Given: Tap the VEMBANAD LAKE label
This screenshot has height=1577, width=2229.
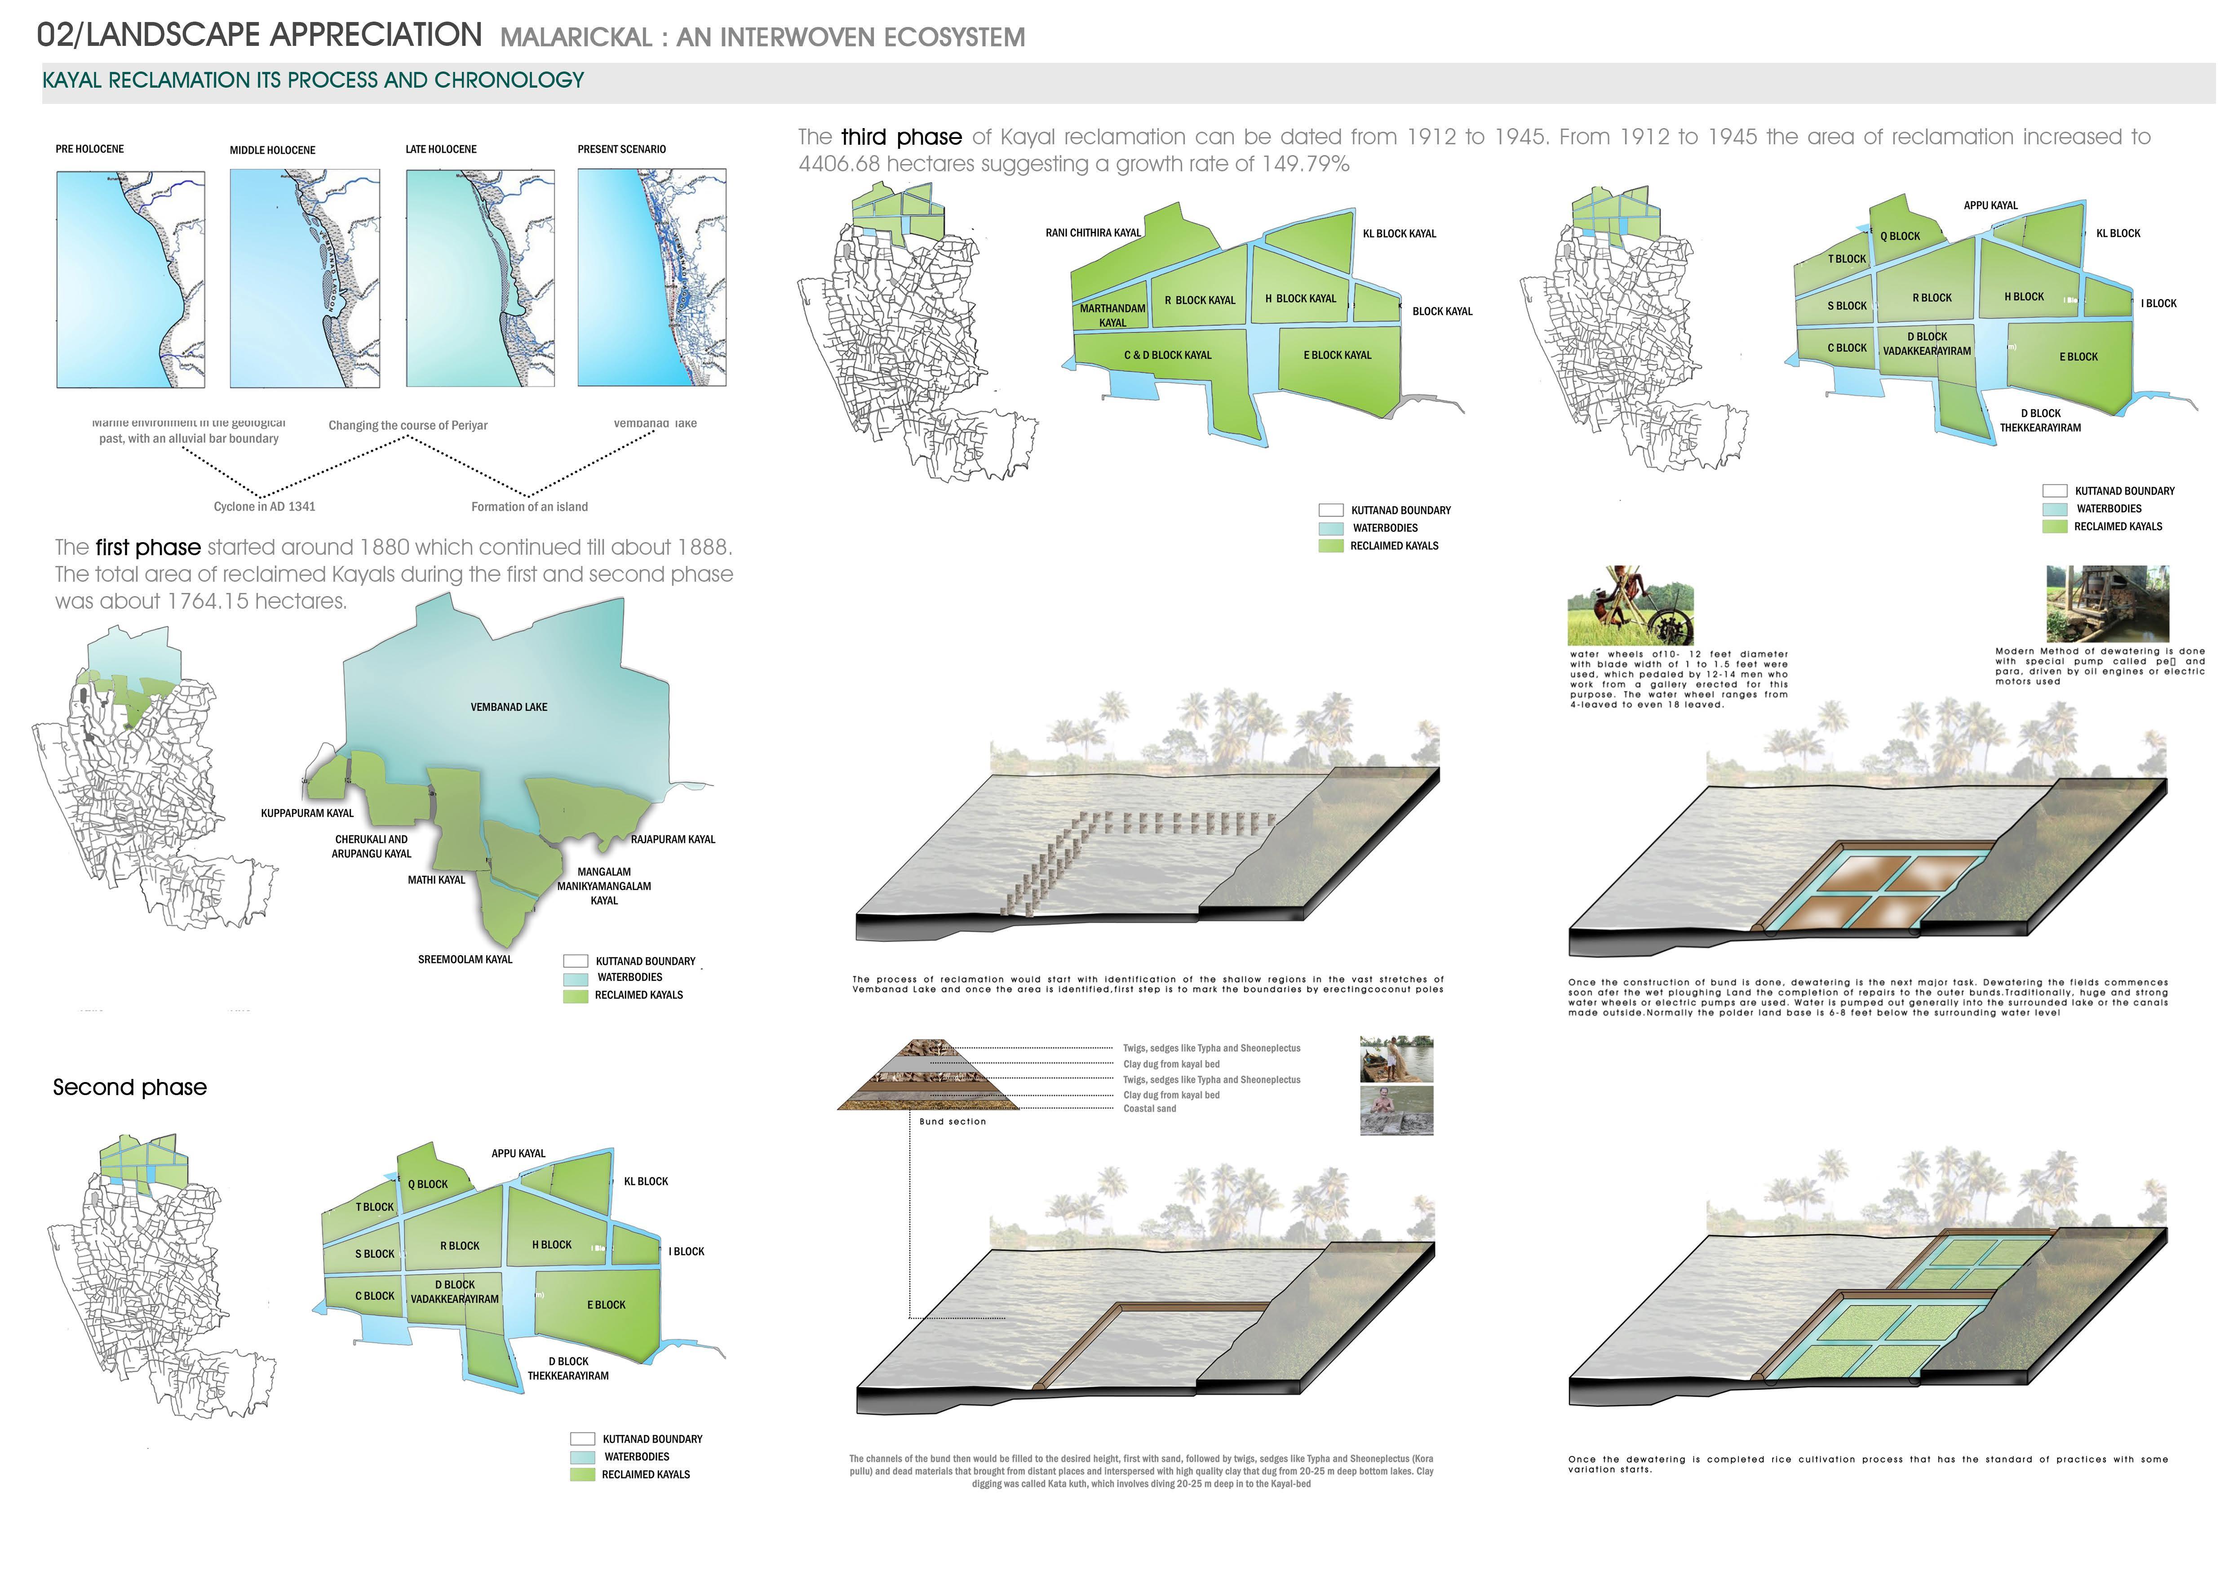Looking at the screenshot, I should pyautogui.click(x=509, y=707).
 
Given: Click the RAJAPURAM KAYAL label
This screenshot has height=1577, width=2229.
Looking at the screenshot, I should pyautogui.click(x=673, y=839).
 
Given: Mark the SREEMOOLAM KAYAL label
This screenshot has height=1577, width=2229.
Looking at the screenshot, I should pyautogui.click(x=465, y=959).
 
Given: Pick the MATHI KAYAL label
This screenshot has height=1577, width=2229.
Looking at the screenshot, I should pyautogui.click(x=436, y=880).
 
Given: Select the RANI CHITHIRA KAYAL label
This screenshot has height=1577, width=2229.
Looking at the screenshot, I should pyautogui.click(x=1093, y=233).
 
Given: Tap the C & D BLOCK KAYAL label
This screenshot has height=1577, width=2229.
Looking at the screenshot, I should pyautogui.click(x=1168, y=356).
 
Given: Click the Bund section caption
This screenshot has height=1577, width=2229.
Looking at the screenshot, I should pyautogui.click(x=953, y=1122).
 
